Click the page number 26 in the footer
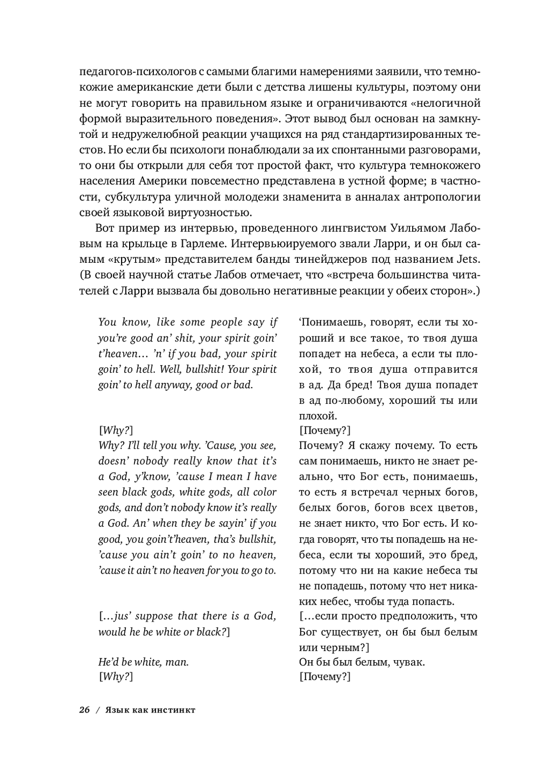(x=84, y=710)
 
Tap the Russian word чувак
(x=407, y=662)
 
